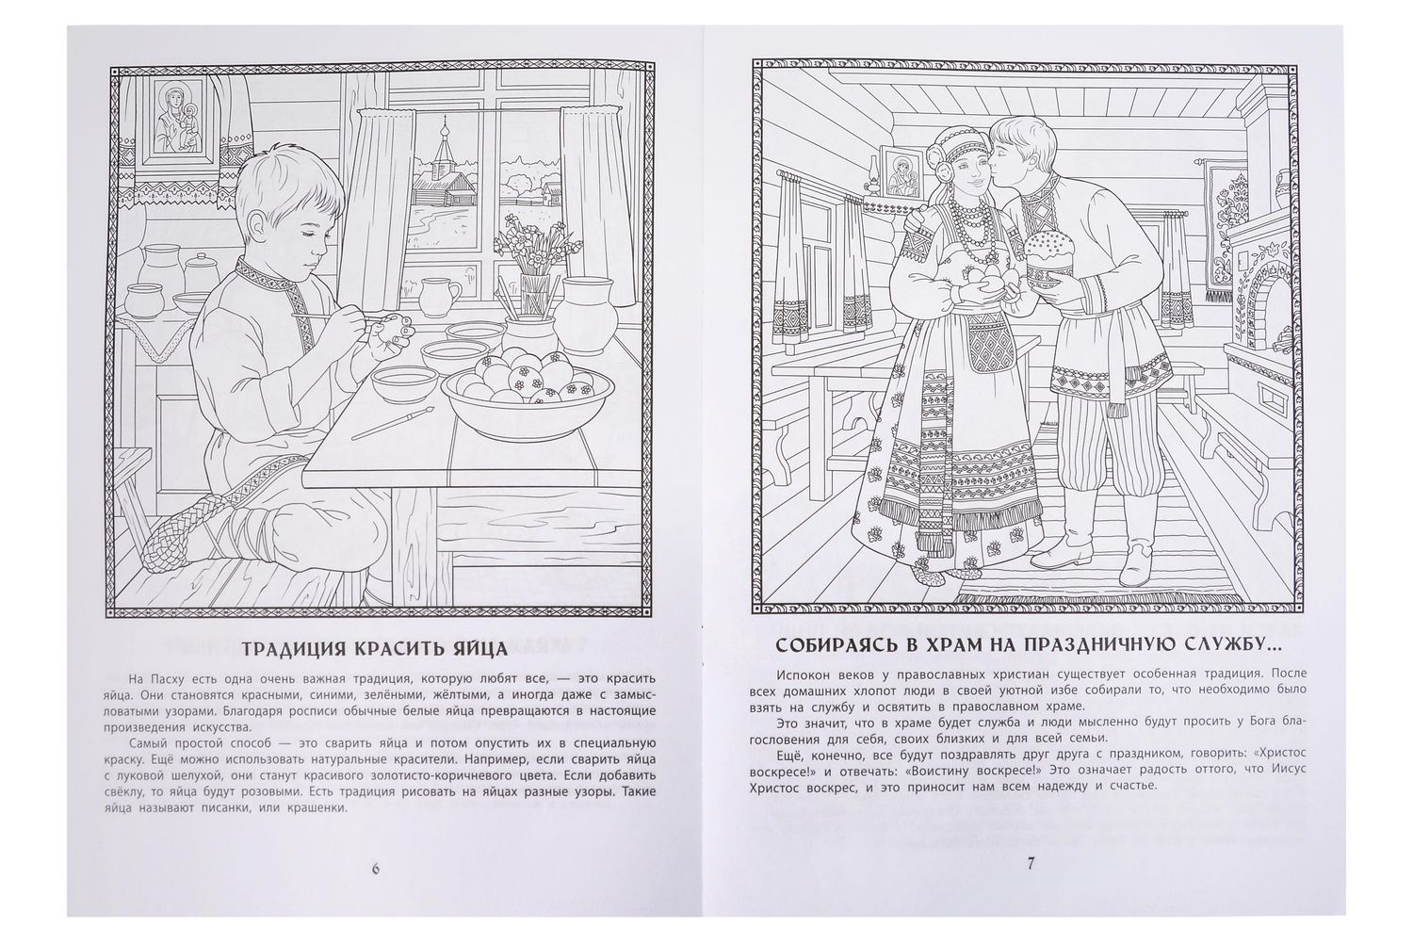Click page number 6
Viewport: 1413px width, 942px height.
pyautogui.click(x=375, y=869)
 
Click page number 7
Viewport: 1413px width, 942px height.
pyautogui.click(x=1031, y=864)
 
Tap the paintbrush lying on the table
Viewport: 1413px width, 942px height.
pyautogui.click(x=392, y=423)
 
